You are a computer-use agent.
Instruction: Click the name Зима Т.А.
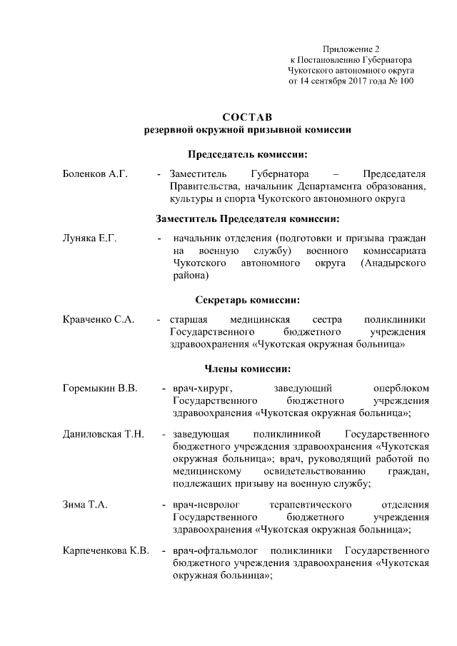[x=85, y=505]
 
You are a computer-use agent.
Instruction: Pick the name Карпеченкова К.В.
[x=106, y=551]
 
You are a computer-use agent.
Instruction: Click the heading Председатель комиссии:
[x=247, y=153]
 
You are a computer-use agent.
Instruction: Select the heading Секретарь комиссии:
[x=247, y=300]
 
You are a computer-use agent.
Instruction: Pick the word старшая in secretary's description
[x=189, y=320]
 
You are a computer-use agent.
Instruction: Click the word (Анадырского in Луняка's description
[x=394, y=263]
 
